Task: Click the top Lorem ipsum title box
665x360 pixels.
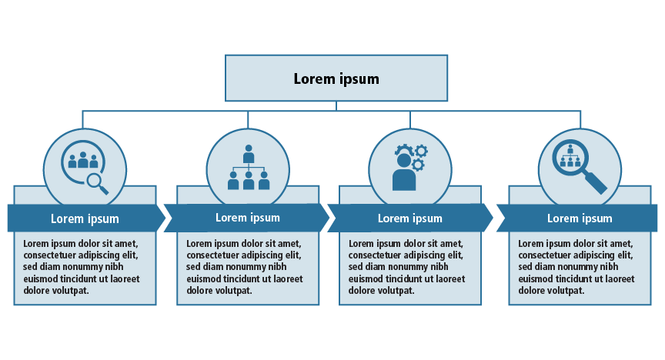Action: [336, 78]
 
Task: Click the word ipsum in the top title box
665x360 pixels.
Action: [359, 79]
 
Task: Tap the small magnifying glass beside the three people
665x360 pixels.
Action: [97, 182]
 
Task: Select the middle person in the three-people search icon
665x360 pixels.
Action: [83, 159]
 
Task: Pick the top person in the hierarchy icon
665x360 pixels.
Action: [249, 154]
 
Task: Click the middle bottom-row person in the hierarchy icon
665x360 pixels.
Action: [249, 181]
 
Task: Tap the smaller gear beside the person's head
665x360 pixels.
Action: [419, 165]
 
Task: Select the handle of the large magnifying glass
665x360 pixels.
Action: [596, 183]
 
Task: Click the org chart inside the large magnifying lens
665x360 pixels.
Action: [570, 156]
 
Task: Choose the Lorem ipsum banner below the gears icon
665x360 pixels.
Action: [409, 218]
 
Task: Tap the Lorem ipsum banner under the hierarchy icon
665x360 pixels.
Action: [247, 218]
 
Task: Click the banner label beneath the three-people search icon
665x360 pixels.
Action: [85, 218]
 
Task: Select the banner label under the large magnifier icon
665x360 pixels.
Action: [580, 218]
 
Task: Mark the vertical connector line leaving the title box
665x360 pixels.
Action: [336, 106]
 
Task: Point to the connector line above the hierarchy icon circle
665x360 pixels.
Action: [248, 119]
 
